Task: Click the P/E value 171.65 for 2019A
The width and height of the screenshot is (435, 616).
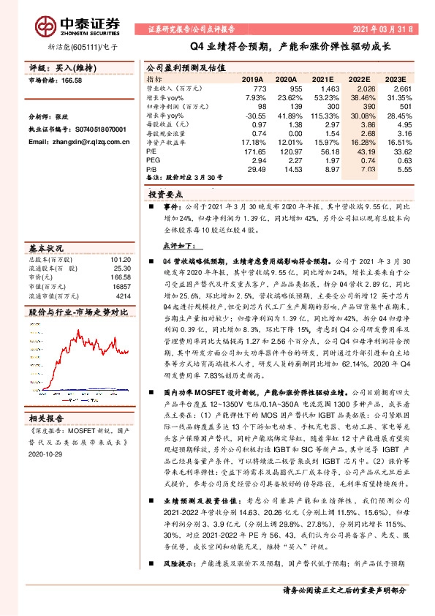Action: click(x=251, y=149)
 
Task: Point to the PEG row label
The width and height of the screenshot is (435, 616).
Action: click(x=154, y=159)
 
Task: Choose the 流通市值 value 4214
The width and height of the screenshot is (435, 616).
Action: click(x=122, y=296)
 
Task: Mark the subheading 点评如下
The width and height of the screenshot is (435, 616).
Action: click(x=178, y=247)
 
